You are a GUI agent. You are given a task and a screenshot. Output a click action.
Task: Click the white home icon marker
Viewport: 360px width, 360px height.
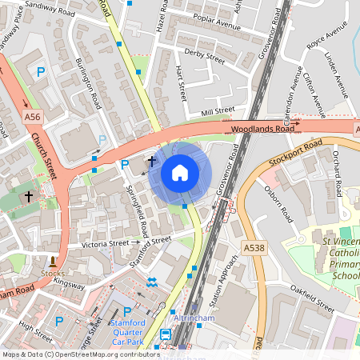tap(180, 173)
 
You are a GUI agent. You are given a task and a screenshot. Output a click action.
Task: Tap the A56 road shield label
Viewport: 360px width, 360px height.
tap(32, 117)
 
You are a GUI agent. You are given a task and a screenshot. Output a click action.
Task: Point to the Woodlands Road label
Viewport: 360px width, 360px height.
tap(262, 128)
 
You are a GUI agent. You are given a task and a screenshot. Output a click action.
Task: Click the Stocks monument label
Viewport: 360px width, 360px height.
tap(54, 273)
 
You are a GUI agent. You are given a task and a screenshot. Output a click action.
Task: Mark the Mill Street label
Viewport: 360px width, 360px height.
tap(218, 111)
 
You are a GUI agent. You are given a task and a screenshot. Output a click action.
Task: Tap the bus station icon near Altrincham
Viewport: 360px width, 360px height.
tap(166, 334)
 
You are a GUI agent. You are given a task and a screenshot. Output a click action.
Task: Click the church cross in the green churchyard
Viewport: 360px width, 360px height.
tap(28, 195)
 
